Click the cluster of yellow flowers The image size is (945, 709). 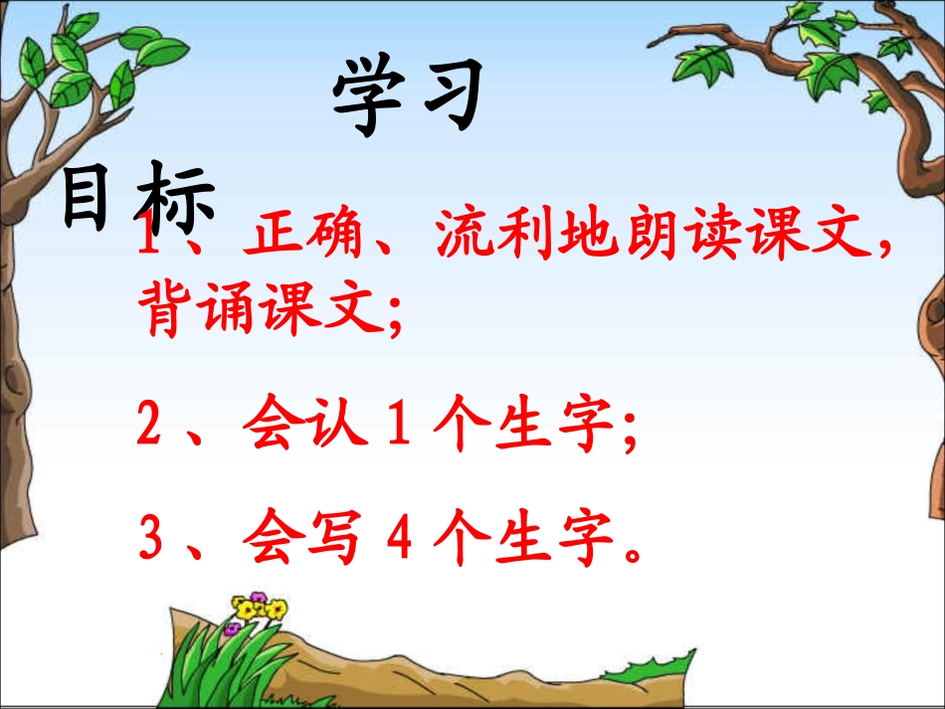coord(259,608)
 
